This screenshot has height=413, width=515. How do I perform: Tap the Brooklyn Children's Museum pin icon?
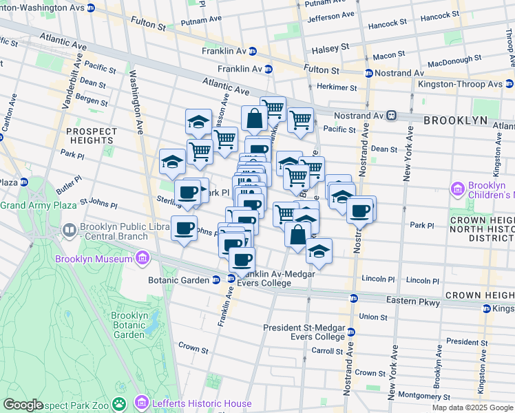click(457, 188)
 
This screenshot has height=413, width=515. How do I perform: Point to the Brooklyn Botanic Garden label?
click(127, 325)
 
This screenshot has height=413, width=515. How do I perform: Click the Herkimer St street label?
click(337, 87)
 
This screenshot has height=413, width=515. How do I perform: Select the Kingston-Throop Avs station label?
click(460, 84)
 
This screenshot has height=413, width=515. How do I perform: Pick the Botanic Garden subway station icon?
click(216, 279)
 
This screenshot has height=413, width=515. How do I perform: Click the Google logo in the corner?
click(23, 405)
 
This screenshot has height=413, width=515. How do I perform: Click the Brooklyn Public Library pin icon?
click(69, 230)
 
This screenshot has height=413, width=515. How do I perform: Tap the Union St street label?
click(372, 317)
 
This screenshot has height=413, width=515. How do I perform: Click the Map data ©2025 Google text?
click(472, 407)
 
